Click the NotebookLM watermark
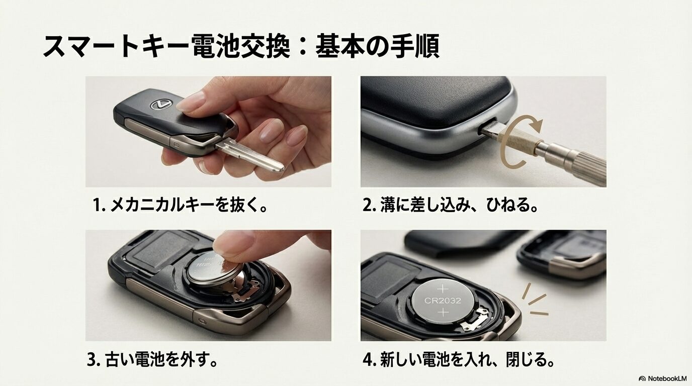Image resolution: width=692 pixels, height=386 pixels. point(662,378)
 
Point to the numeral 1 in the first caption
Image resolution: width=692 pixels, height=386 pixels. point(97,206)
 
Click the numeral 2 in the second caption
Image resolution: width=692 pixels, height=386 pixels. point(367,206)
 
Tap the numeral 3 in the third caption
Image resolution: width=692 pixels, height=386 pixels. point(91,360)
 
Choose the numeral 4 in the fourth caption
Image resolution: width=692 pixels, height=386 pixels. point(367,360)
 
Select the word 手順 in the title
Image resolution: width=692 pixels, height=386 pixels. point(414,47)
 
